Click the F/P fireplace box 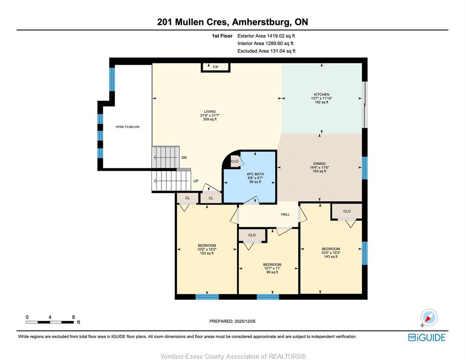click(215, 67)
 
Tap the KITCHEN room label click(321, 94)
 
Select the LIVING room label click(210, 112)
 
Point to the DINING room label click(319, 164)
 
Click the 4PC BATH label click(255, 174)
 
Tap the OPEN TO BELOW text click(127, 127)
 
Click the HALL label click(285, 214)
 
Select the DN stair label click(184, 157)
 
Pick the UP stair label click(196, 181)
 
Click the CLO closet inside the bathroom click(234, 161)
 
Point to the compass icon click(429, 317)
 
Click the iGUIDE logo click(427, 337)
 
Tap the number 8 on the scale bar click(73, 317)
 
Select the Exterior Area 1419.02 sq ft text click(266, 36)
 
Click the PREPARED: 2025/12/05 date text click(232, 321)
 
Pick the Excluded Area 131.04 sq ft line click(266, 51)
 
